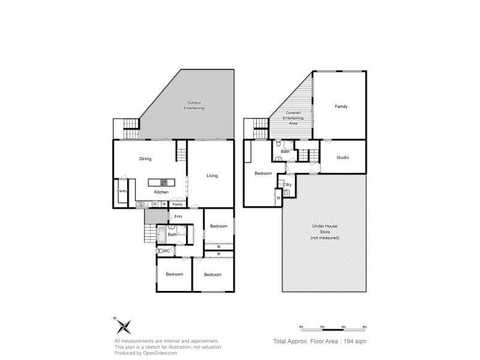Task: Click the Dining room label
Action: pyautogui.click(x=145, y=159)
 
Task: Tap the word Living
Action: pyautogui.click(x=212, y=176)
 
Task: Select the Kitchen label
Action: pyautogui.click(x=161, y=192)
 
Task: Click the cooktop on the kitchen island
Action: pyautogui.click(x=163, y=182)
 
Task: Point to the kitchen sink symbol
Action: pyautogui.click(x=142, y=205)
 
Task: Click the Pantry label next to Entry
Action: pyautogui.click(x=178, y=205)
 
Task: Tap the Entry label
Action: pyautogui.click(x=178, y=216)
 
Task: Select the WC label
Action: pyautogui.click(x=167, y=251)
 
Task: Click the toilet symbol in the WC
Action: pyautogui.click(x=160, y=251)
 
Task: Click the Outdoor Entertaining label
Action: pyautogui.click(x=196, y=106)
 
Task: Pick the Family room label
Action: pyautogui.click(x=341, y=106)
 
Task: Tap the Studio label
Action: pyautogui.click(x=342, y=157)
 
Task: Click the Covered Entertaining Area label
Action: pyautogui.click(x=294, y=118)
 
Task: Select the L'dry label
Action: pyautogui.click(x=287, y=184)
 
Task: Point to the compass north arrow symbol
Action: pyautogui.click(x=124, y=326)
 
